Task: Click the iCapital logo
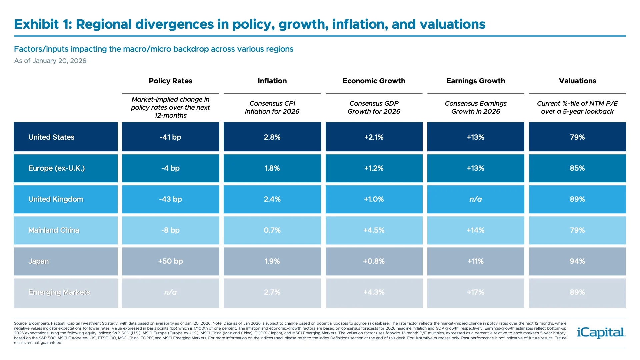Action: click(601, 332)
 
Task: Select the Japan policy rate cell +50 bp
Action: click(170, 261)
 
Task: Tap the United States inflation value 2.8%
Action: click(272, 137)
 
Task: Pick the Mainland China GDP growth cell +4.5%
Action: click(374, 230)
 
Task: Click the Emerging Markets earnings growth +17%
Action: click(475, 292)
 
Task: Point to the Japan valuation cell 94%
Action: click(577, 261)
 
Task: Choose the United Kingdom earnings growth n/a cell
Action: click(475, 199)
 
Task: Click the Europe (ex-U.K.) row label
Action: click(56, 168)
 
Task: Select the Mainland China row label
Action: click(54, 230)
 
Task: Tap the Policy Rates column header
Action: click(170, 81)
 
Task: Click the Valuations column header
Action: click(577, 81)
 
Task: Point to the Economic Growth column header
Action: click(374, 81)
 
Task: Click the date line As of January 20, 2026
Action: click(50, 61)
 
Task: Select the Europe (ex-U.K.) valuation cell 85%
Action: click(577, 168)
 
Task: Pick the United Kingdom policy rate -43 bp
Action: click(170, 199)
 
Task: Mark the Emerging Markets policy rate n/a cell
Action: click(170, 292)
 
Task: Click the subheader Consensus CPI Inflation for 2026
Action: click(272, 107)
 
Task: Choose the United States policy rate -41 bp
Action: click(170, 137)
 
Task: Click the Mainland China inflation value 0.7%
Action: click(272, 230)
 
